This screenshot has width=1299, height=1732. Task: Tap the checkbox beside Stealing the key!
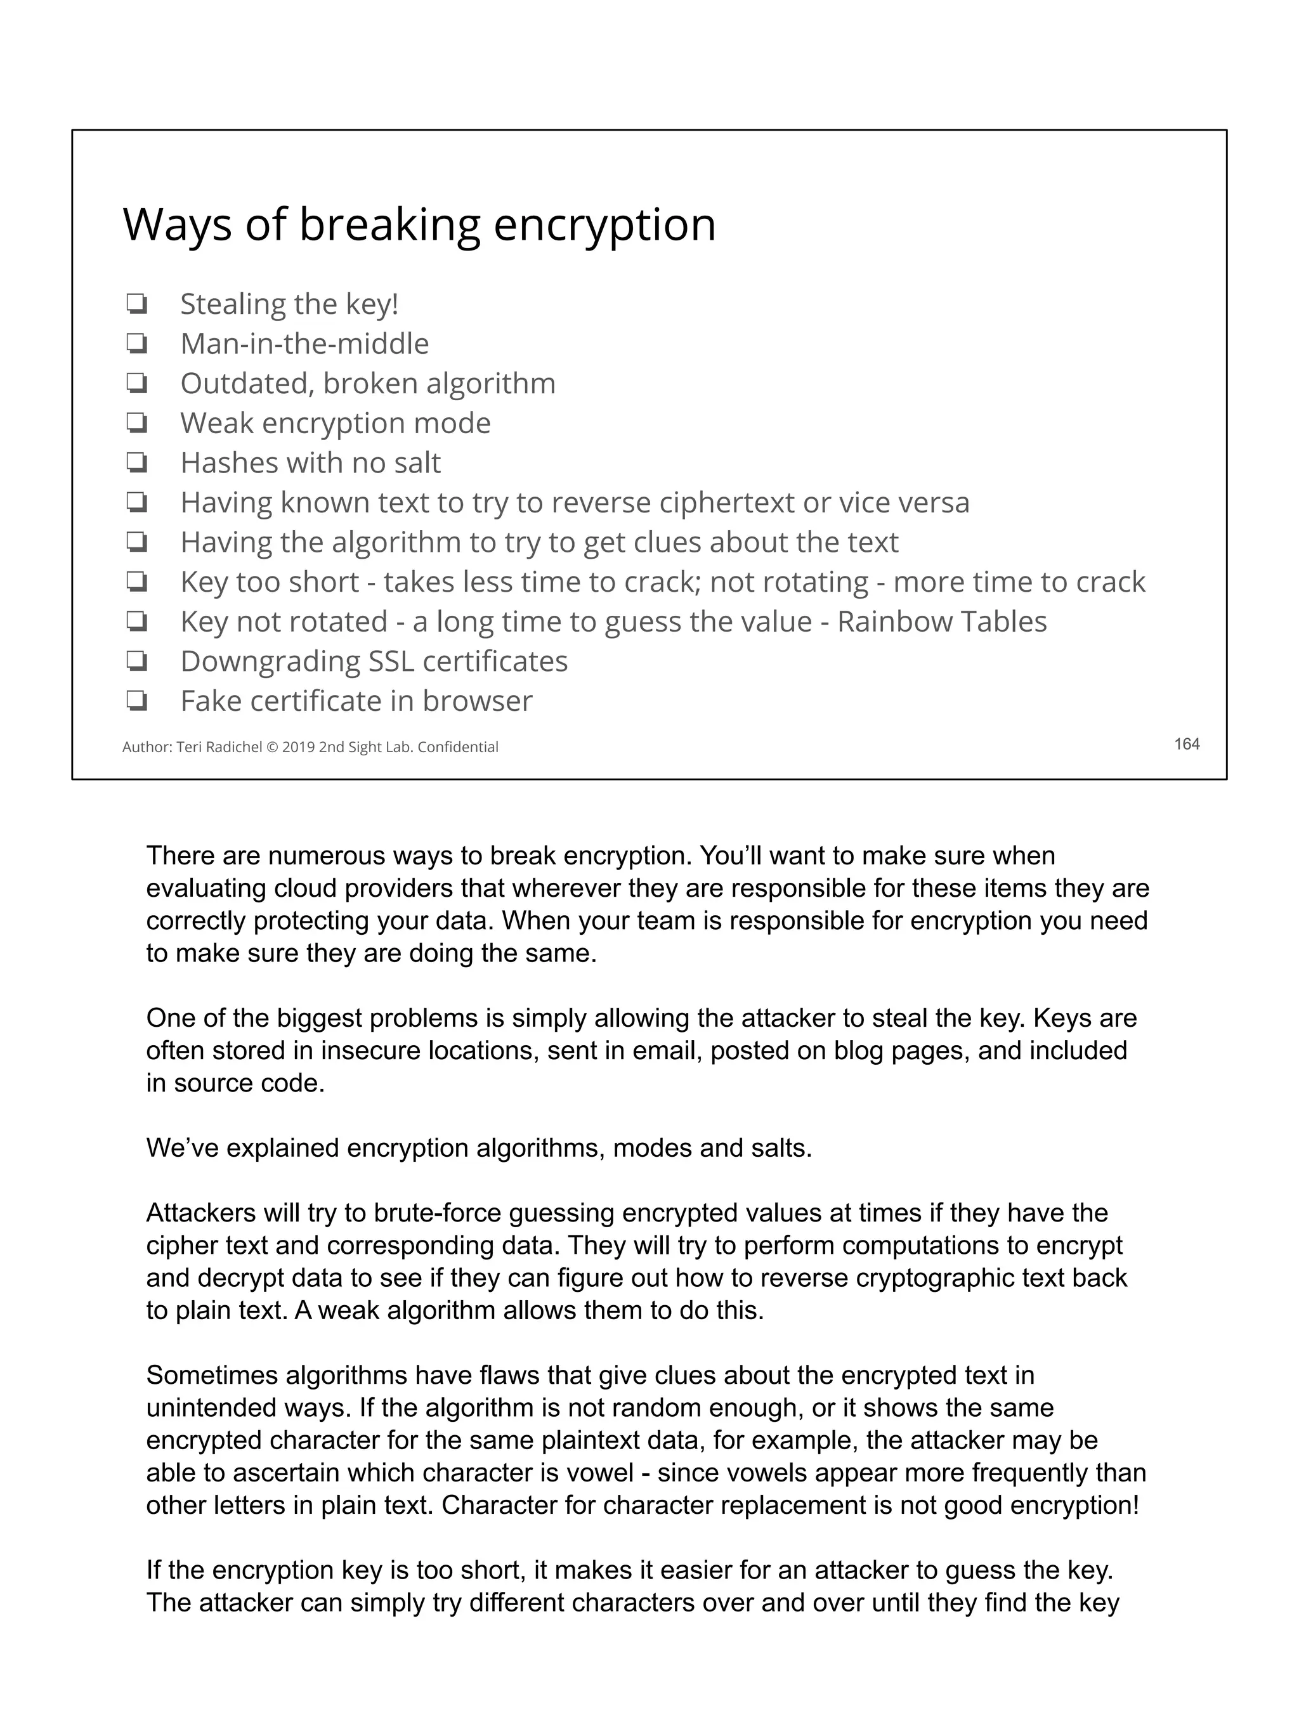(x=137, y=304)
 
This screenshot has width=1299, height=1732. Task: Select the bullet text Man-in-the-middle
(x=304, y=344)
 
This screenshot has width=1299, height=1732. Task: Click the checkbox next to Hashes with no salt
(x=137, y=463)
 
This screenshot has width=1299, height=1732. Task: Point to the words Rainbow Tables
(x=941, y=622)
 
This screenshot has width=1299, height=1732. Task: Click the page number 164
(x=1186, y=744)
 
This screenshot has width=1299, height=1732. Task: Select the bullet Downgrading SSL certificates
(x=374, y=661)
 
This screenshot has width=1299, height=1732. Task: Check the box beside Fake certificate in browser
(x=137, y=701)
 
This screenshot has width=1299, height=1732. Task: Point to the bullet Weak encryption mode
(x=335, y=423)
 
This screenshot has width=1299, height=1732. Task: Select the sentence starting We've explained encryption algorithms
(x=478, y=1148)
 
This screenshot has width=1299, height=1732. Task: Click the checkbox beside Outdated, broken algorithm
(x=137, y=384)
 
